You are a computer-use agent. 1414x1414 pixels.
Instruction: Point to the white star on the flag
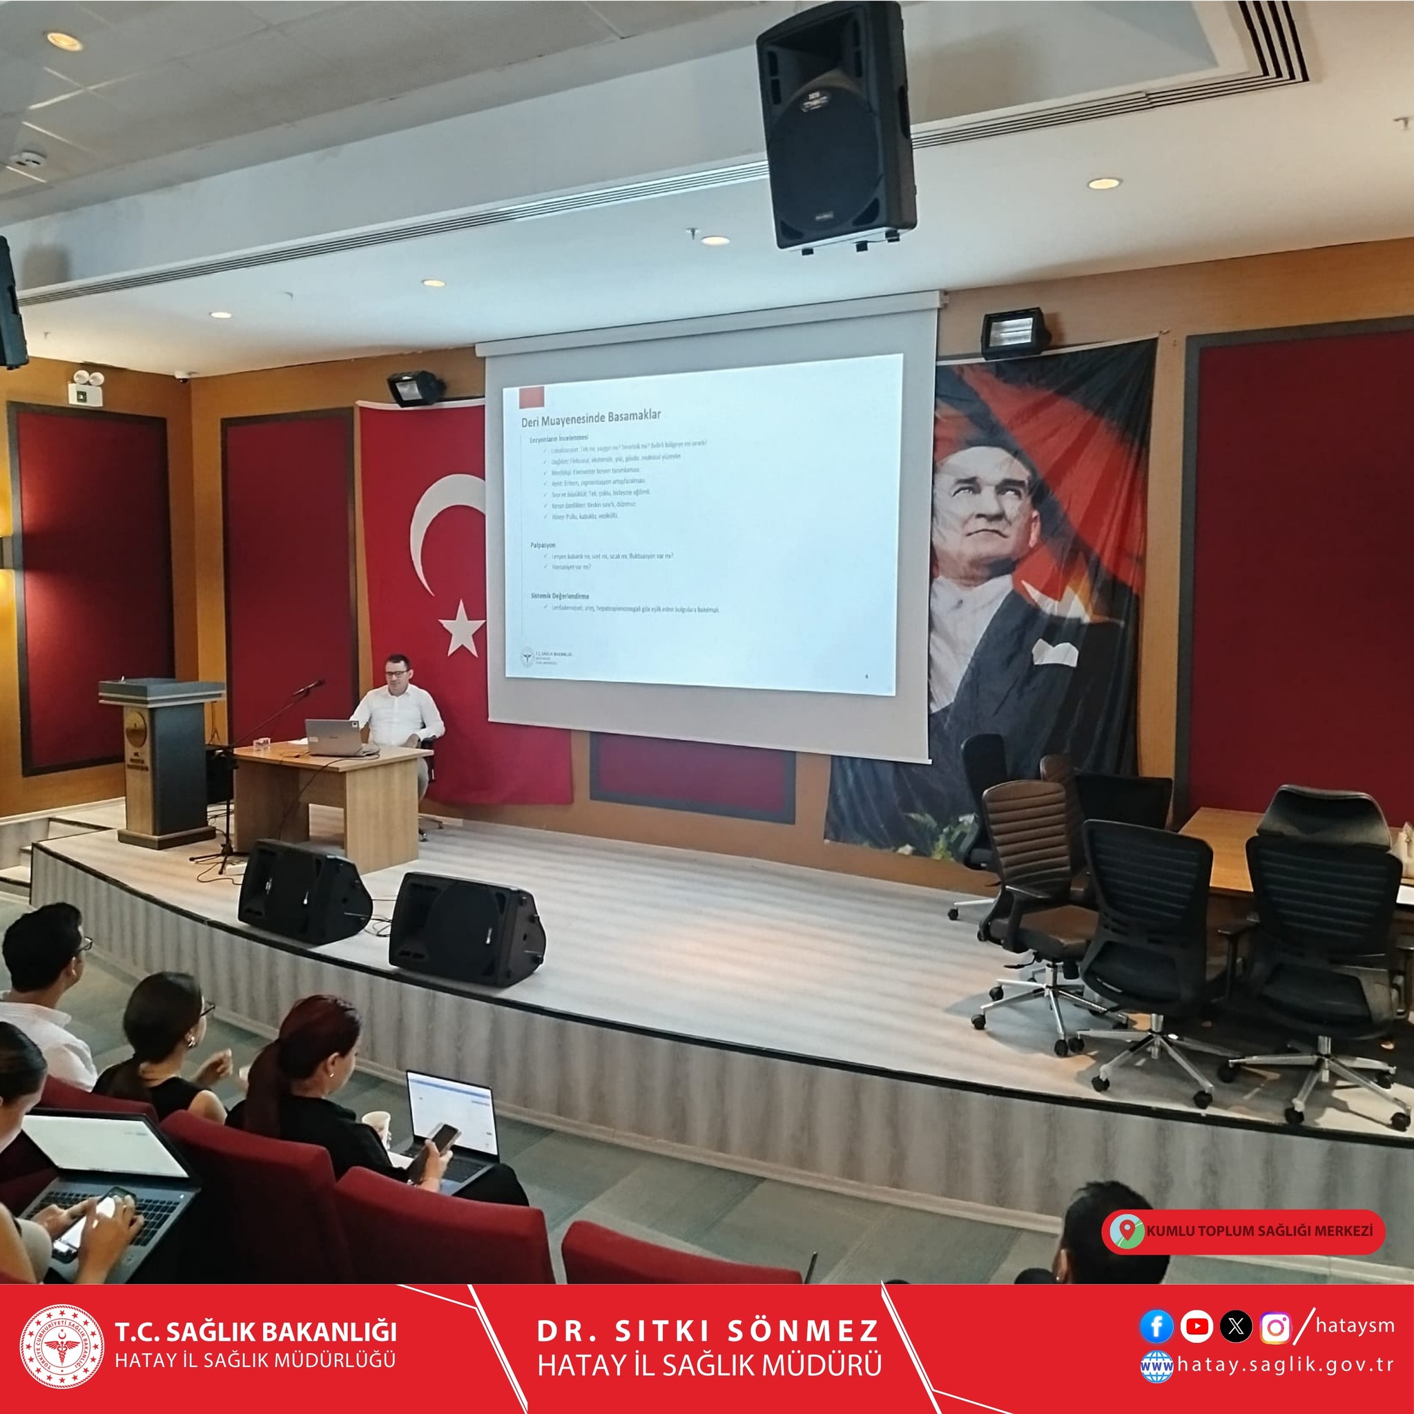(x=462, y=627)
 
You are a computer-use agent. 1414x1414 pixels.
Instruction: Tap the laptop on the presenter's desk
(x=333, y=737)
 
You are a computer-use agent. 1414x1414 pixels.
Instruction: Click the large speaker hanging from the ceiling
(x=836, y=126)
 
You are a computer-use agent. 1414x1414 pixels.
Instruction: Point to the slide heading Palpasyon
(x=543, y=545)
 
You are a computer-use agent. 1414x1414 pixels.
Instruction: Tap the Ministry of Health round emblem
(x=61, y=1346)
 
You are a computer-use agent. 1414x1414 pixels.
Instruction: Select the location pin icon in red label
(x=1127, y=1230)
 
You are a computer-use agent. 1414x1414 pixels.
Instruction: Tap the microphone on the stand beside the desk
(x=309, y=686)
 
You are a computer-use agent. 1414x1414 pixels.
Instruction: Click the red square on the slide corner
(x=532, y=398)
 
